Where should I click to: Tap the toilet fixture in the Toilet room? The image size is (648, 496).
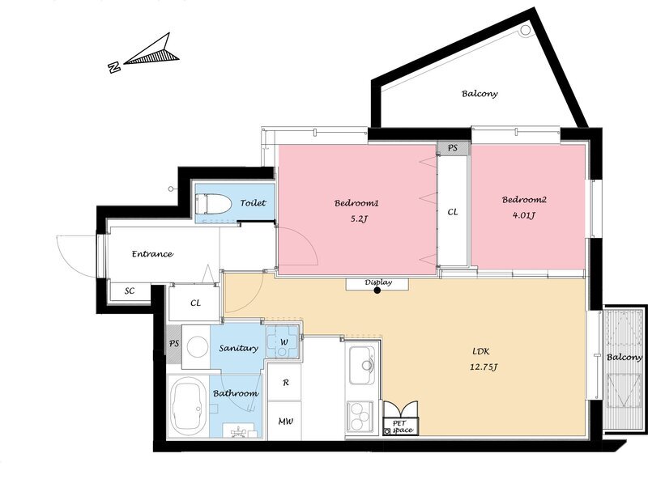(x=213, y=203)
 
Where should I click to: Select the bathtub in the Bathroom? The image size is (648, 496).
(x=189, y=407)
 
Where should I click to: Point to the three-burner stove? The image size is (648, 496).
(x=360, y=416)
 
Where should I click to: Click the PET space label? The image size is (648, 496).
(x=401, y=426)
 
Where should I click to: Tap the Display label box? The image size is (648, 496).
(x=377, y=284)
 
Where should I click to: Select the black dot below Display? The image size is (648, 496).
(x=377, y=290)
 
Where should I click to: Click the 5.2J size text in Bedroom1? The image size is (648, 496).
(x=359, y=219)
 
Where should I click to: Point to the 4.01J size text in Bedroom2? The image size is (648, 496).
(x=524, y=215)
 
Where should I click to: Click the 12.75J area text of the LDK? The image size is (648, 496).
(x=483, y=367)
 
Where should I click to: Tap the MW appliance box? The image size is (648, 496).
(x=285, y=421)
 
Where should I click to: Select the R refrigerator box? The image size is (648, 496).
(x=285, y=382)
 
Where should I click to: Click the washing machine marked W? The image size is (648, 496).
(x=282, y=341)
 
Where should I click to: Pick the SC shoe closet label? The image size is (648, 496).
(x=130, y=291)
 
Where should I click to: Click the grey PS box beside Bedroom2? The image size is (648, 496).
(x=454, y=148)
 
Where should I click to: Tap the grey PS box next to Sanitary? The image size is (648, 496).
(x=173, y=344)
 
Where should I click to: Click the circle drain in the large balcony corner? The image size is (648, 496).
(x=525, y=30)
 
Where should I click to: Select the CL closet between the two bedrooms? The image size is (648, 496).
(x=453, y=211)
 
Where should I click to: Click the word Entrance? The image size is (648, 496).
(x=152, y=254)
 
